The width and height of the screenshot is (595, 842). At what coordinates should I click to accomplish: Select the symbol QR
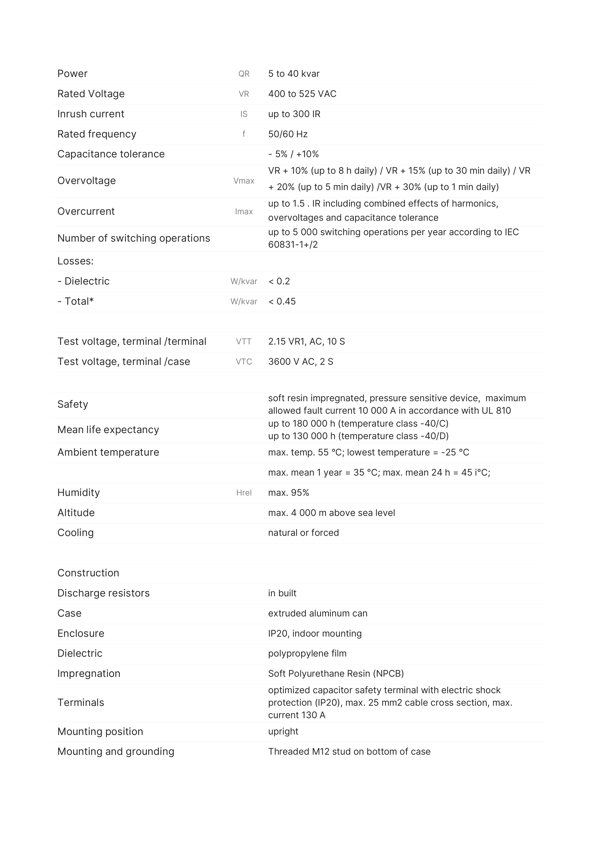pos(244,74)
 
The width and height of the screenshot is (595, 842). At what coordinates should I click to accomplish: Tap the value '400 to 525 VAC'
pos(302,94)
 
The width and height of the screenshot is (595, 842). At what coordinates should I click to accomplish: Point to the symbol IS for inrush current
pos(244,114)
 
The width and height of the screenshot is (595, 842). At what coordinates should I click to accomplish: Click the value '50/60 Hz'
pos(288,134)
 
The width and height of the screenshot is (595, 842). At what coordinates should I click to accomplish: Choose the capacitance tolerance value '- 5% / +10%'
pos(293,154)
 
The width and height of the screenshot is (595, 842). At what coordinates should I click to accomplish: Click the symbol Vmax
pos(244,181)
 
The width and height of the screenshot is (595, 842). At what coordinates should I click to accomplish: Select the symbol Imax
pos(244,212)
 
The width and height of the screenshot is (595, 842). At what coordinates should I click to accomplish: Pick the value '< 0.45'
pos(282,301)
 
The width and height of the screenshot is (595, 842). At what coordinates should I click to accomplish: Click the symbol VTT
pos(244,342)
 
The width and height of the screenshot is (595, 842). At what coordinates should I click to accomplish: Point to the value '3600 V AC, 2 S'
pos(300,362)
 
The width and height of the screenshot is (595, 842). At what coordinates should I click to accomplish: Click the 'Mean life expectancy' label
pos(108,430)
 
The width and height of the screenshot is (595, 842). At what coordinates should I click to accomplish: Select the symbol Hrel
pos(244,493)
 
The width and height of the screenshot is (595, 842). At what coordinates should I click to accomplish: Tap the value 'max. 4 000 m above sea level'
pos(331,513)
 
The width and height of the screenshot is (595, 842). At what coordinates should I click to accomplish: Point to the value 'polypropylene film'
pos(307,653)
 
